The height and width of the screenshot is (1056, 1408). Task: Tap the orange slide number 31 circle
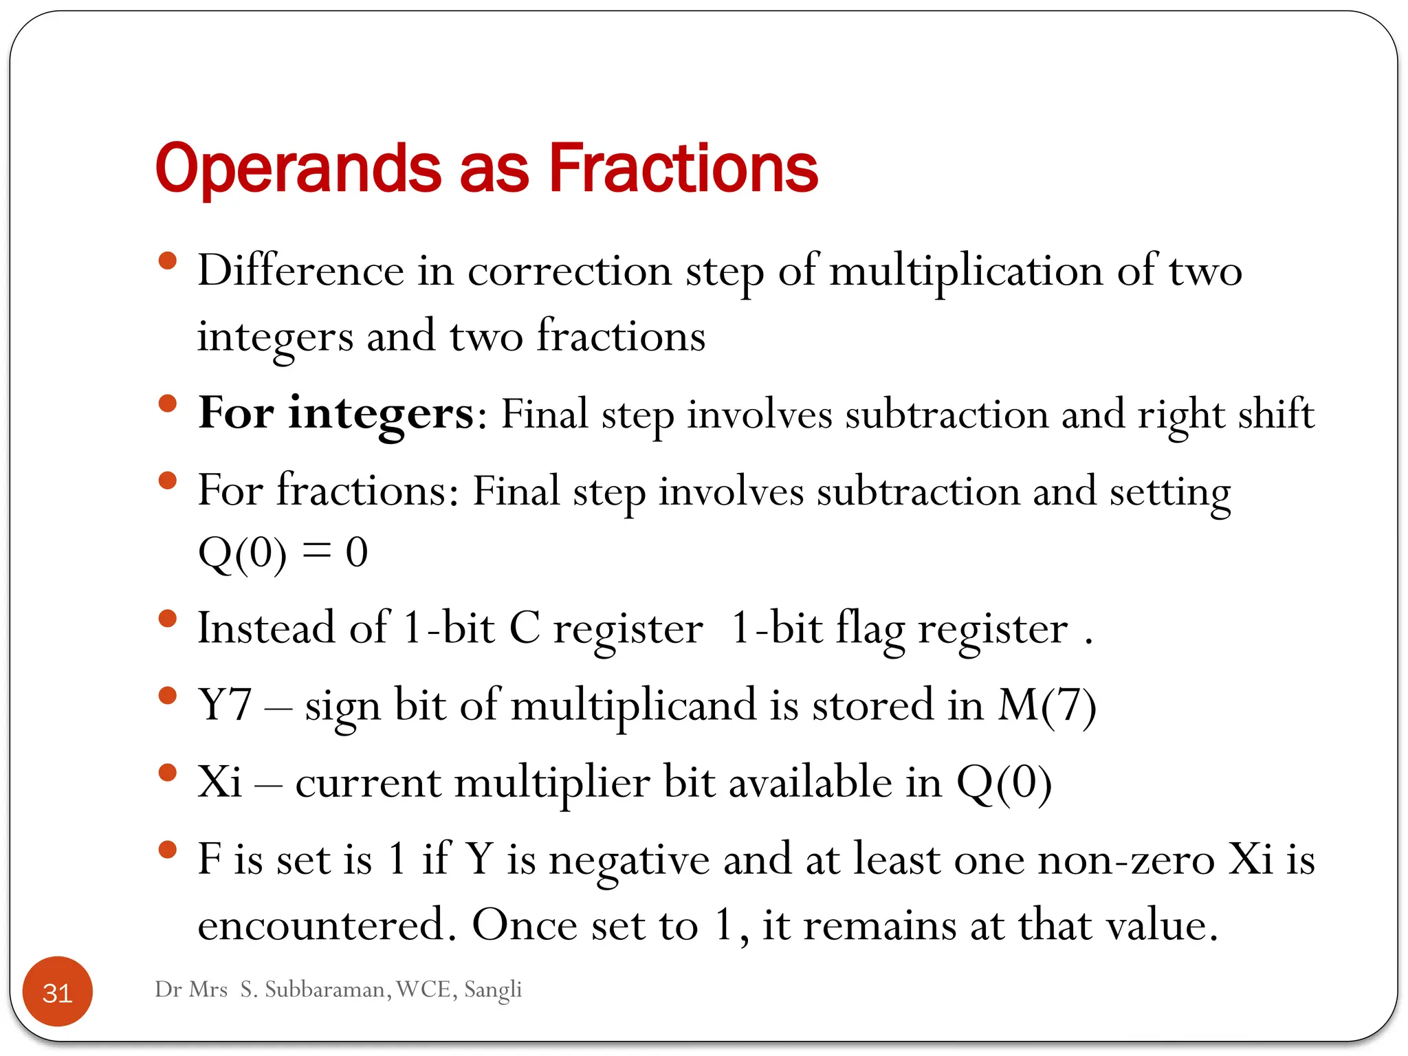pos(58,992)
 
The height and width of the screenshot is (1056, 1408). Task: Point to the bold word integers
pos(380,414)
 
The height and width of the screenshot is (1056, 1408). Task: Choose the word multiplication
pos(966,272)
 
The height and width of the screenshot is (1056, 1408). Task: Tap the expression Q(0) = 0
pos(283,553)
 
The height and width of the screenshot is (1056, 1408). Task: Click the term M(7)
pos(1046,706)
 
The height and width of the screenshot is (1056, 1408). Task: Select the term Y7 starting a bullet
pos(225,706)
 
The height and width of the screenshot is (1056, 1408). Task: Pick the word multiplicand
pos(633,706)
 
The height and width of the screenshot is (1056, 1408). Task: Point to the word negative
pos(629,861)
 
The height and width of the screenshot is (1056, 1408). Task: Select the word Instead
pos(266,628)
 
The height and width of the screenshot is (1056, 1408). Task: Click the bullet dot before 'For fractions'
pos(167,481)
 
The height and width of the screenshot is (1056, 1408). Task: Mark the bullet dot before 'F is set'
pos(167,850)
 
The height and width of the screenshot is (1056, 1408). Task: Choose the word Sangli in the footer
pos(493,989)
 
